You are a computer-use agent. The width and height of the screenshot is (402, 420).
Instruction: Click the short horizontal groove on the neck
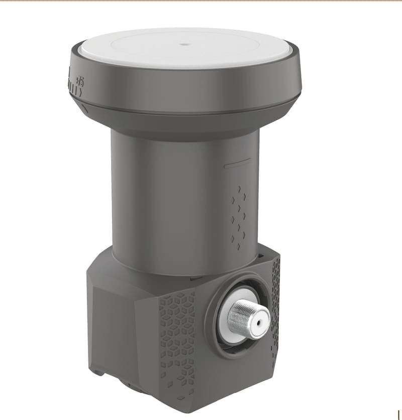coord(237,163)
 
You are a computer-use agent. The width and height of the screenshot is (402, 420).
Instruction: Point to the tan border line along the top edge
coord(201,1)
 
